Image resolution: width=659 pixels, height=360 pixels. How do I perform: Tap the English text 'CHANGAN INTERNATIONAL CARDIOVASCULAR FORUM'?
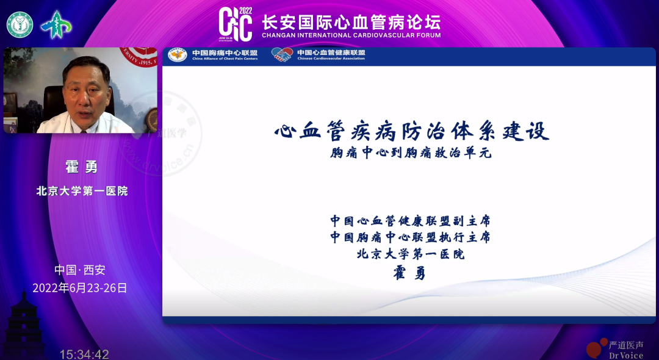tap(351, 35)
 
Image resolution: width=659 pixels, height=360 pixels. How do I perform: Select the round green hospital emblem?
tap(20, 24)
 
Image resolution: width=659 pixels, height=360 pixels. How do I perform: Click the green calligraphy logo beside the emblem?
tap(56, 25)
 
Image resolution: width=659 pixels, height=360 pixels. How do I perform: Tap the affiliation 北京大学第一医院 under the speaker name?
tap(82, 191)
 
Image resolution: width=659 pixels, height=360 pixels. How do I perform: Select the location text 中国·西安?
tap(80, 270)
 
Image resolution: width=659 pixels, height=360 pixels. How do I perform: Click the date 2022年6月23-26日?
tap(80, 288)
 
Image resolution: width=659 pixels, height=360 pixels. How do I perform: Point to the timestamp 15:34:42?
tap(84, 354)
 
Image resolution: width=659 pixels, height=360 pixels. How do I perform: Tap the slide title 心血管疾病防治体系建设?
tap(412, 131)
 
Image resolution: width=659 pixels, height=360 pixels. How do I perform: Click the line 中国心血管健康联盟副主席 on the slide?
tap(410, 220)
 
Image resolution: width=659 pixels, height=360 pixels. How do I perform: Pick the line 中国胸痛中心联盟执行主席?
tap(410, 237)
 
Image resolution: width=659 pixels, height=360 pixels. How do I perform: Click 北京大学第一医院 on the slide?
tap(410, 254)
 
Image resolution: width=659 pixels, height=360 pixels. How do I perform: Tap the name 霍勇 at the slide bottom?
tap(409, 273)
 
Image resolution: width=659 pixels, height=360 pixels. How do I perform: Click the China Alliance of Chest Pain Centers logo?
tap(178, 55)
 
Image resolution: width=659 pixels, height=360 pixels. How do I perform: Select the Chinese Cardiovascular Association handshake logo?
tap(282, 55)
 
